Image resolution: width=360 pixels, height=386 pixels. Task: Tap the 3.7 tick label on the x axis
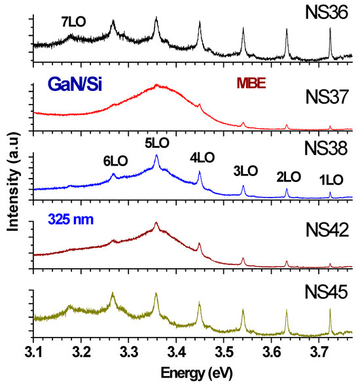318,355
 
